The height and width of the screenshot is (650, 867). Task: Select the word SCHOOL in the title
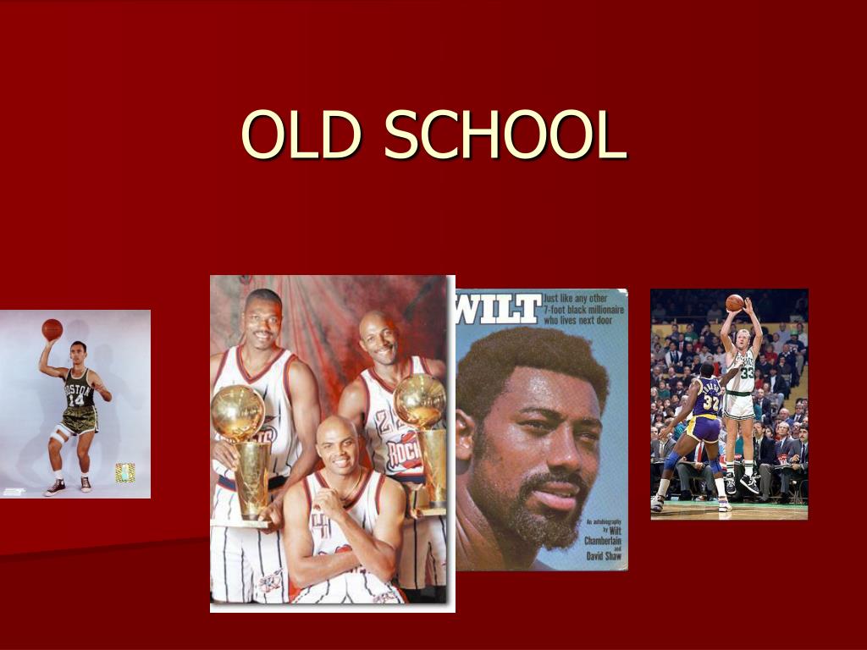(505, 135)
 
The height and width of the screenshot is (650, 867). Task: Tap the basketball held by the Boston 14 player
(52, 329)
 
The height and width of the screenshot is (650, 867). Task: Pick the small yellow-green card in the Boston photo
(124, 472)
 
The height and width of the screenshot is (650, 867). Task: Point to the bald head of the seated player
(337, 430)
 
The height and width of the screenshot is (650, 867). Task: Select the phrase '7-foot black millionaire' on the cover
(584, 311)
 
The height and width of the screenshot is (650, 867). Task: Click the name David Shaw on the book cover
(603, 556)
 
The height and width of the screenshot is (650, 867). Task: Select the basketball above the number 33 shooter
(734, 302)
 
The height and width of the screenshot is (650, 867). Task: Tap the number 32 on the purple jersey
(710, 404)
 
